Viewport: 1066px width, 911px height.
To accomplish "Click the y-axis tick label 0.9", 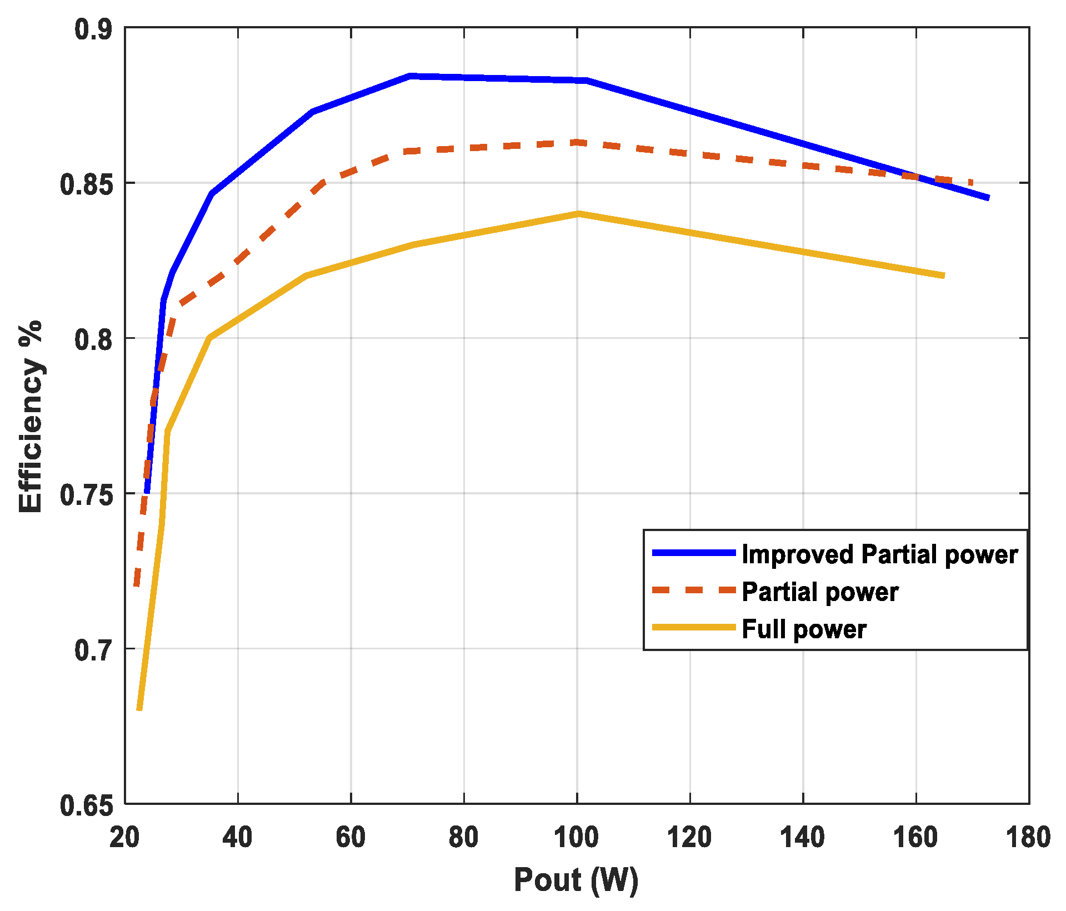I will tap(93, 29).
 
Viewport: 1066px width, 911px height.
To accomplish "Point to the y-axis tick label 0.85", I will tap(86, 184).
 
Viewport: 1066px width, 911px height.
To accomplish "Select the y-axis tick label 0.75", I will tap(86, 494).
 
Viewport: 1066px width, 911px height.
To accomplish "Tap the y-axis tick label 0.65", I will tap(86, 805).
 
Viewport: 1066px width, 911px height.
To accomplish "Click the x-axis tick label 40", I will tap(237, 837).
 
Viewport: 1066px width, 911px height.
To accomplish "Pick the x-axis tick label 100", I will tap(576, 837).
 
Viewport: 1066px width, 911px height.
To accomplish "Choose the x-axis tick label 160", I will tap(915, 837).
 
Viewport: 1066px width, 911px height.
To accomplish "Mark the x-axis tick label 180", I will tap(1028, 837).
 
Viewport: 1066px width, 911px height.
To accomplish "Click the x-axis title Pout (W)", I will tap(576, 880).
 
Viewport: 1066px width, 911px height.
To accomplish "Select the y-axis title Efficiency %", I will tap(31, 417).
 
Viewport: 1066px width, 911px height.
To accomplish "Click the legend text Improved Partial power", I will tap(879, 554).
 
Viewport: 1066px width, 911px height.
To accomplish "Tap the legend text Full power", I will tap(804, 629).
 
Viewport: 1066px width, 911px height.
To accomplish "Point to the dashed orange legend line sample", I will tap(694, 590).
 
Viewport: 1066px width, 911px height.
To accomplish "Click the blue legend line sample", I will tap(694, 553).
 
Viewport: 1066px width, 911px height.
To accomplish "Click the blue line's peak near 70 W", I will tap(409, 76).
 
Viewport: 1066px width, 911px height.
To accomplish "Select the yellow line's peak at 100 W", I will tap(578, 214).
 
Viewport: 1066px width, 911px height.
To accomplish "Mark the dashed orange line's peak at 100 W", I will tap(578, 143).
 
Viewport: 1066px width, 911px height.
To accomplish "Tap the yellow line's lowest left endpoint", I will tap(139, 709).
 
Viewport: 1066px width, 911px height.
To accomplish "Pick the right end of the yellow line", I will tap(943, 276).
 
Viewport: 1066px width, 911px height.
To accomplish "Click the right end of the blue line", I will tap(988, 198).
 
